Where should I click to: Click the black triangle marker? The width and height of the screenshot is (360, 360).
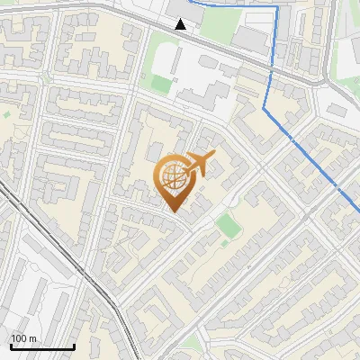pyautogui.click(x=181, y=24)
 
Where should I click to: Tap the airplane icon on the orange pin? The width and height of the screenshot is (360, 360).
pyautogui.click(x=200, y=164)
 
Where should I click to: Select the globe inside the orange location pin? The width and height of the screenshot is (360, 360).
pyautogui.click(x=173, y=177)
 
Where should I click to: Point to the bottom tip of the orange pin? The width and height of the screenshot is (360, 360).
pyautogui.click(x=174, y=211)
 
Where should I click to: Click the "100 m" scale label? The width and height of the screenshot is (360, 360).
pyautogui.click(x=23, y=338)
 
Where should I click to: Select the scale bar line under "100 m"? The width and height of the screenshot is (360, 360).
pyautogui.click(x=42, y=346)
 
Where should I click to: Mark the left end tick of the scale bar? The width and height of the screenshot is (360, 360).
pyautogui.click(x=11, y=345)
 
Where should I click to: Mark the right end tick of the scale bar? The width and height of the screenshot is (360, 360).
pyautogui.click(x=74, y=345)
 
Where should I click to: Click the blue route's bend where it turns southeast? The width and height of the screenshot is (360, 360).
pyautogui.click(x=265, y=106)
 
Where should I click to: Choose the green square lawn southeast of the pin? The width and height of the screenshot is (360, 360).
pyautogui.click(x=228, y=225)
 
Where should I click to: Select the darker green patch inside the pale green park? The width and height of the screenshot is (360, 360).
pyautogui.click(x=162, y=84)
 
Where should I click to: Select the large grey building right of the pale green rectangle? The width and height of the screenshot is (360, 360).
pyautogui.click(x=251, y=38)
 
